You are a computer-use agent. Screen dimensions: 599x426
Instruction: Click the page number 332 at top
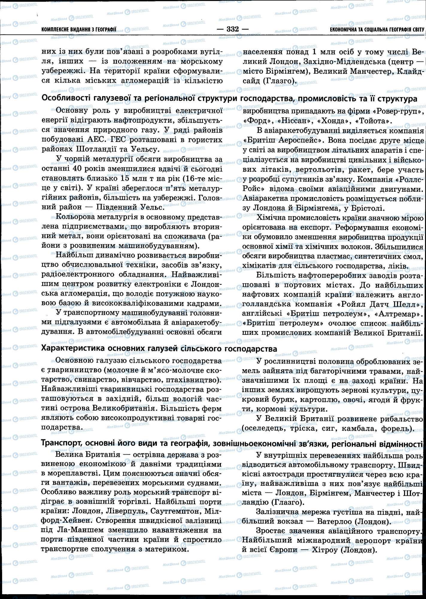coord(233,29)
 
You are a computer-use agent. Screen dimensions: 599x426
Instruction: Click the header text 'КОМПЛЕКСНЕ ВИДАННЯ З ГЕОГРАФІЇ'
coord(79,30)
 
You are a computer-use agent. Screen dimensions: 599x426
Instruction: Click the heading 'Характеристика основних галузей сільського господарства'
coord(159,349)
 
